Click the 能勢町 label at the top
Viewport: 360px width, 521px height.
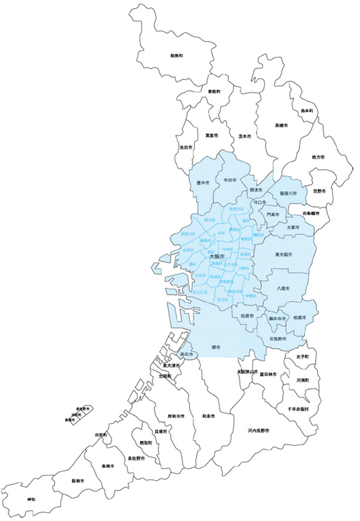[177, 55]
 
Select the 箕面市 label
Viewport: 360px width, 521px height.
[212, 135]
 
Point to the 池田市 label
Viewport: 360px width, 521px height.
[185, 146]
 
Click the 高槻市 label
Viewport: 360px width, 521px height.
[281, 126]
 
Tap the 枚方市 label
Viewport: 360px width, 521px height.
[318, 156]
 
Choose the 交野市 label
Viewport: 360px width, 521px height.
[319, 191]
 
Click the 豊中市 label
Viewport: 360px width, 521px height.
[203, 182]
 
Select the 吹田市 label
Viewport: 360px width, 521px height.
[230, 180]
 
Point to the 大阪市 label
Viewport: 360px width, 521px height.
[217, 256]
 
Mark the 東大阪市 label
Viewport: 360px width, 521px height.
[285, 255]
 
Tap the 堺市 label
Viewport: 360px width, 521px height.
[216, 347]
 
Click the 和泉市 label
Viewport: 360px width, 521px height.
[208, 416]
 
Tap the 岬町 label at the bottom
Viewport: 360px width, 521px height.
[32, 500]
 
